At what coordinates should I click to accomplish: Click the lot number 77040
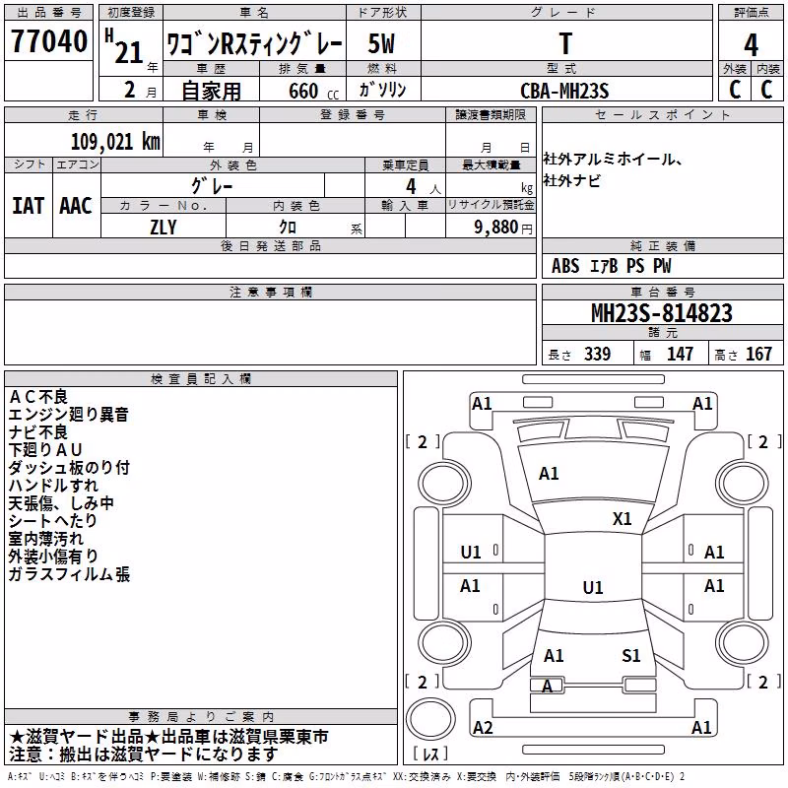point(48,41)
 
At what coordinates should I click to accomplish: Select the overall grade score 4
point(751,44)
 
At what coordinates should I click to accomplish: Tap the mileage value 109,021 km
point(115,142)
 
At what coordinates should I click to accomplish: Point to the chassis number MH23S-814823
point(662,313)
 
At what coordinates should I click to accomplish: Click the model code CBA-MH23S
point(564,91)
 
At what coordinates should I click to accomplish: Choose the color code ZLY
point(164,228)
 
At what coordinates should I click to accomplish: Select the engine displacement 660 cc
point(313,91)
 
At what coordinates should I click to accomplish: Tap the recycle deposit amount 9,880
point(496,228)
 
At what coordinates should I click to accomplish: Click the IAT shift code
point(28,206)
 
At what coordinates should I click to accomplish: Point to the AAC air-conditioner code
point(76,206)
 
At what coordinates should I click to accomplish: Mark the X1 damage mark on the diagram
point(622,519)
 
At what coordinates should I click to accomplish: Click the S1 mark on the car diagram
point(630,656)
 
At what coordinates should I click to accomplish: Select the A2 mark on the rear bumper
point(483,727)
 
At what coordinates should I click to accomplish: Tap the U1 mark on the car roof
point(593,587)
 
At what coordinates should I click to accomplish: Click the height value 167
point(758,354)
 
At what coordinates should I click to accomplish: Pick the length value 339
point(598,354)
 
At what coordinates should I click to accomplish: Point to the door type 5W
point(381,43)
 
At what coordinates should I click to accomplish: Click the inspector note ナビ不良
point(38,432)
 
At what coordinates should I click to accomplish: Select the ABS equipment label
point(565,266)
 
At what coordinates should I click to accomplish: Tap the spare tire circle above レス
point(430,719)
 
